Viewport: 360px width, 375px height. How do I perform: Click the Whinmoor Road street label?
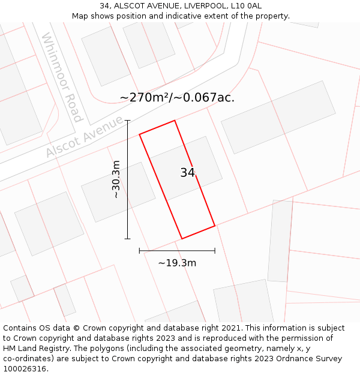coord(62,77)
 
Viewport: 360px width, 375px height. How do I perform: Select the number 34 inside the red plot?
coord(187,173)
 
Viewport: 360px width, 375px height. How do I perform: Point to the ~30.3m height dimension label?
coord(116,179)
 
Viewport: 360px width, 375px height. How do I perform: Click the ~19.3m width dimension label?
coord(177,263)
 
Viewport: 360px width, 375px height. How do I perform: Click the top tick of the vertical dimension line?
coord(127,121)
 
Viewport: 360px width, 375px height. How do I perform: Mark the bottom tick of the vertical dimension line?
coord(127,239)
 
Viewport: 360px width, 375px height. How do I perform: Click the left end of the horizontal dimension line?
coord(139,251)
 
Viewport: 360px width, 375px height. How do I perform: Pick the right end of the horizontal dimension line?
coord(215,251)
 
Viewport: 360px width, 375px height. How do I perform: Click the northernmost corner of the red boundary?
coord(175,121)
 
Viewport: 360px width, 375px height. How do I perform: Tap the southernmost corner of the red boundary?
coord(182,239)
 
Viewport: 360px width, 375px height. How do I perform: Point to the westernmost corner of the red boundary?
coord(140,134)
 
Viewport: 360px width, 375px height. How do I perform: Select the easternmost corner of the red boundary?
coord(215,226)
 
